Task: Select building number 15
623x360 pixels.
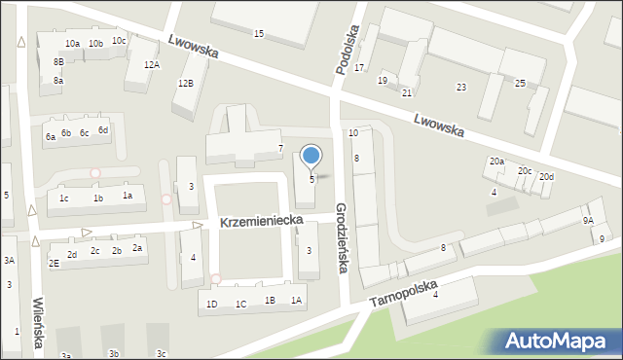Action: (x=258, y=34)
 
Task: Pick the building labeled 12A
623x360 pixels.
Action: (x=152, y=64)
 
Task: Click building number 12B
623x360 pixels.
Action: (x=185, y=84)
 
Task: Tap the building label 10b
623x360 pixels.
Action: (x=95, y=43)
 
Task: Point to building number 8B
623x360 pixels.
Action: (x=58, y=62)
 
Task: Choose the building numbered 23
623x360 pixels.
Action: (x=460, y=88)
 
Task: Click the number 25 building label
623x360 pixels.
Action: (x=520, y=84)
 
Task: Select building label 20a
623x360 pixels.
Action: (x=496, y=162)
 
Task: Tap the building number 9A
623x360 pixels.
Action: (x=588, y=221)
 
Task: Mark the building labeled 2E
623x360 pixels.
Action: (x=54, y=263)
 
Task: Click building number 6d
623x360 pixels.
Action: (x=102, y=129)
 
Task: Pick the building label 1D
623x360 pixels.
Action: (x=211, y=304)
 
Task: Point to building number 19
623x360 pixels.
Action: (x=383, y=80)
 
